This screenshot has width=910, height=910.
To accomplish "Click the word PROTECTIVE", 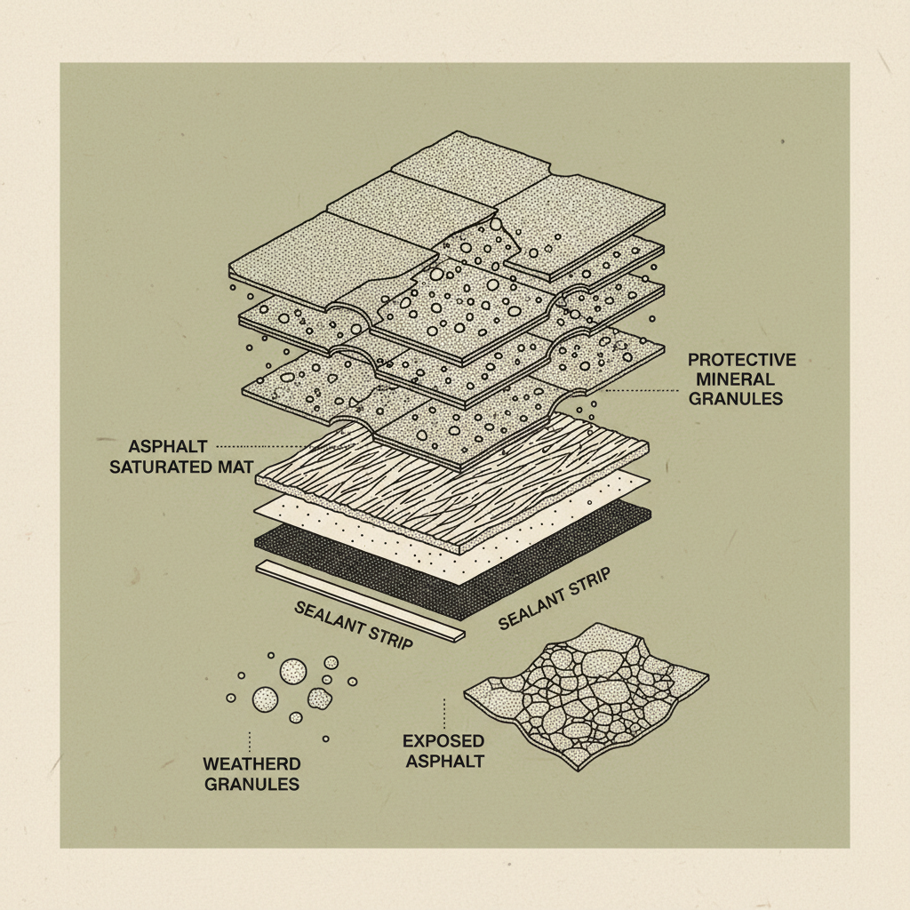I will coord(742,360).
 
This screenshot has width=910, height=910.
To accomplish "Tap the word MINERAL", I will coord(723,379).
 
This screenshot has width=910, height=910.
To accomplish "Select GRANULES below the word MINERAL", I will coord(736,399).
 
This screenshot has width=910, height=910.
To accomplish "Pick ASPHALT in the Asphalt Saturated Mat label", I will coord(168,446).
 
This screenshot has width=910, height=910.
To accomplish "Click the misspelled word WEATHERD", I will coord(251,764).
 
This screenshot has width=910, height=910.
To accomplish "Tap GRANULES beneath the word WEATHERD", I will coord(251,784).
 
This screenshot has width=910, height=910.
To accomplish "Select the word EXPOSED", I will coord(443,741).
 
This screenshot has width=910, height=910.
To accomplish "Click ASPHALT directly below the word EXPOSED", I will coord(443,761).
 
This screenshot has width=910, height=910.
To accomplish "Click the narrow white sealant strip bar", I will coord(360,600).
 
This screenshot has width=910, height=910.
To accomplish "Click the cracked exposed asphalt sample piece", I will coord(587,693).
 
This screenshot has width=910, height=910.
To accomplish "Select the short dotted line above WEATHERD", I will coord(251,740).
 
